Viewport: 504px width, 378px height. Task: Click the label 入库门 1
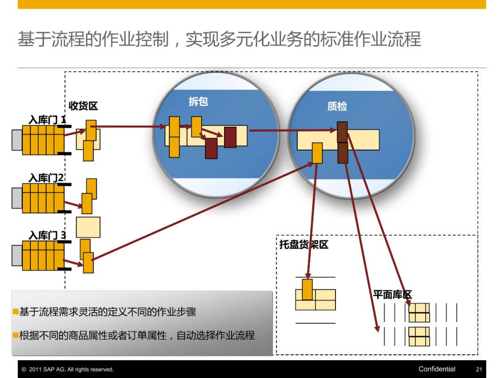[47, 119]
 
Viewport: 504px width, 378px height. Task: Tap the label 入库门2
[46, 178]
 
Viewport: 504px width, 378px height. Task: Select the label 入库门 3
[47, 235]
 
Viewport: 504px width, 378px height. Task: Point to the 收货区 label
[83, 106]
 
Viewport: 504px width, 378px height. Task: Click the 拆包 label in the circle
[198, 101]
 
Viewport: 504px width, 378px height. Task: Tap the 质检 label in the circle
[337, 106]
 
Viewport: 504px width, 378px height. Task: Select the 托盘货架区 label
[304, 244]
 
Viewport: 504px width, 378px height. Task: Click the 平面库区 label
[392, 294]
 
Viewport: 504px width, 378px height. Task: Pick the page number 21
[479, 369]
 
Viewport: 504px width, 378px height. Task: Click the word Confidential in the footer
[437, 369]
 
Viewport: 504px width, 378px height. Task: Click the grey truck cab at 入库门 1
[17, 139]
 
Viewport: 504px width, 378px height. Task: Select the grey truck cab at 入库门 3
[17, 255]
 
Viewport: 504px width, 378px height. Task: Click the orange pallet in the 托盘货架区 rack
[307, 289]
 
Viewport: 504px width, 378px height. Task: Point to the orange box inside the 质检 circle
[317, 153]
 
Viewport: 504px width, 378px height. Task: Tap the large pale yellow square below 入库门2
[88, 227]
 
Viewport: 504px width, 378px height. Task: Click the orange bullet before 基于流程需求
[15, 311]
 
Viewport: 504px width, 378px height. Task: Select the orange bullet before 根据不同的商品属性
[15, 335]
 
